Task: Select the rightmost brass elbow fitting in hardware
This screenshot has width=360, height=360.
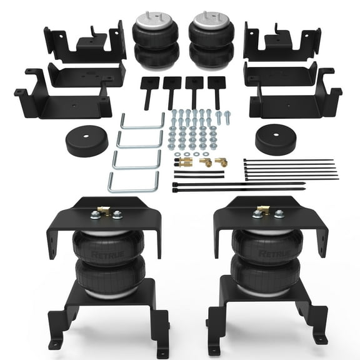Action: [221, 162]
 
